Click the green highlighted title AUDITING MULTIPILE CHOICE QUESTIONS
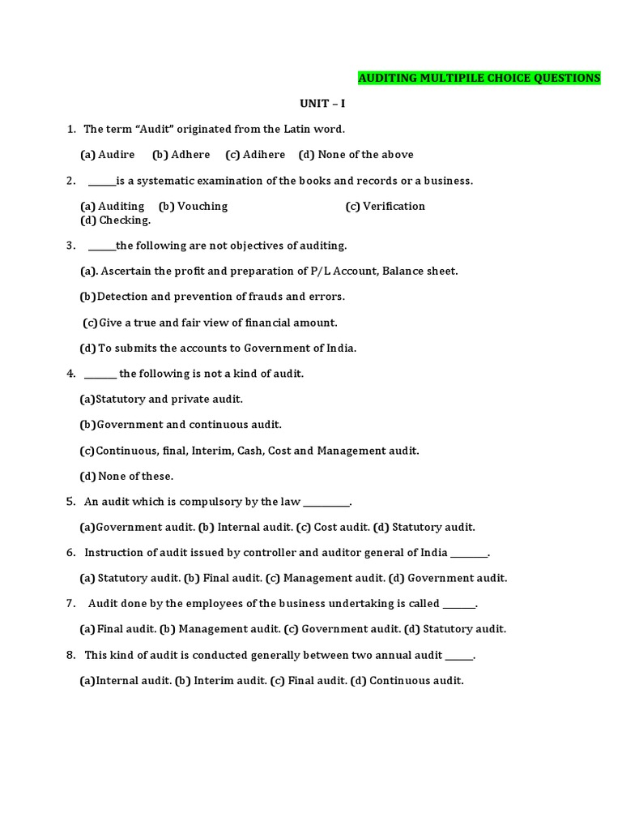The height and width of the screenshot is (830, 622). (479, 78)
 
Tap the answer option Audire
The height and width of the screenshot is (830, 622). (117, 154)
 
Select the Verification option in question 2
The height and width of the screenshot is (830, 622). (394, 206)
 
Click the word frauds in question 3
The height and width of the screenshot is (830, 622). (252, 296)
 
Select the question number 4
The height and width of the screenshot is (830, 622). (71, 374)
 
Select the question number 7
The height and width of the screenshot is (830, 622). (71, 604)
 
